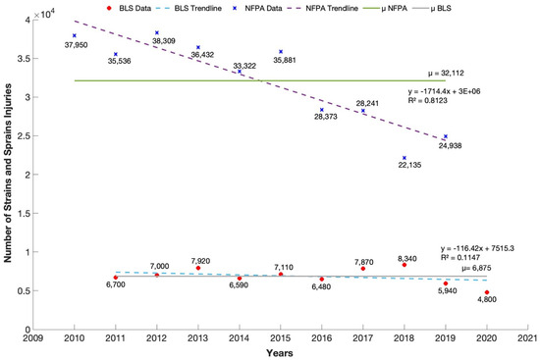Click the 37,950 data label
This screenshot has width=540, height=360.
76,45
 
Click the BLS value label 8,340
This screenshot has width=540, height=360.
405,259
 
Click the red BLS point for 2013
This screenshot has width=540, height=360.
198,268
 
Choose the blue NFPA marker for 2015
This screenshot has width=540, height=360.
281,52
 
